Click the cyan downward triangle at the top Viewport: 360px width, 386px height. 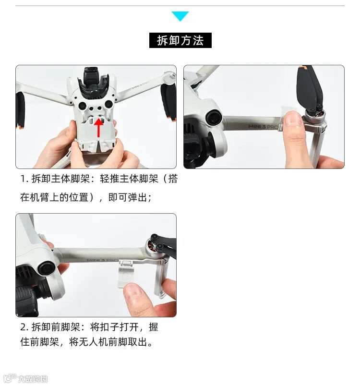pos(180,16)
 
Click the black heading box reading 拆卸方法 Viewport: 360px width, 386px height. pos(180,40)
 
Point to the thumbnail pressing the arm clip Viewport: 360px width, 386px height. pos(293,120)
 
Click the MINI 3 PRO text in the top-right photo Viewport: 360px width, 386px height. pos(263,126)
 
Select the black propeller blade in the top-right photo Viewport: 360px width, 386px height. pos(309,86)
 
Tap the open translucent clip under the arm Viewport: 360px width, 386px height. pos(126,273)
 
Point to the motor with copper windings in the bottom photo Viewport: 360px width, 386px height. pos(152,246)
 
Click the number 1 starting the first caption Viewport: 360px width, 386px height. pos(24,179)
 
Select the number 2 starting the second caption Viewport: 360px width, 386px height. pos(24,327)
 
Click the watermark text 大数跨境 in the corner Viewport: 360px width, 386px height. pos(33,379)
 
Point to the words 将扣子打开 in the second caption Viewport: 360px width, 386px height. pos(114,327)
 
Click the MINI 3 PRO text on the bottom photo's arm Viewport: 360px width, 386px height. pos(103,260)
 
